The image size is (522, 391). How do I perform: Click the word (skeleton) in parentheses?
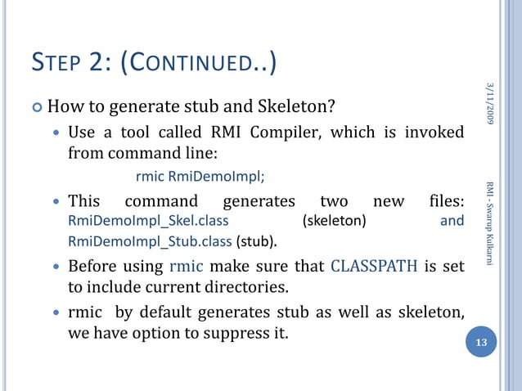click(334, 221)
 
